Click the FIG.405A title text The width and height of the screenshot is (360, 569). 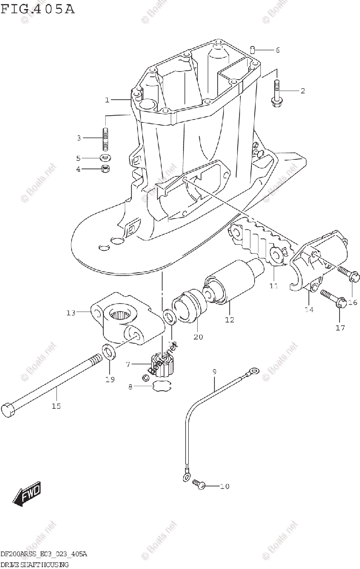(x=38, y=9)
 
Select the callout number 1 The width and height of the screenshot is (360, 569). (x=107, y=100)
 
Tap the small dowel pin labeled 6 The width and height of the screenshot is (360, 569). (x=254, y=49)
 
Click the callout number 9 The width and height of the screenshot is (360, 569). (x=214, y=371)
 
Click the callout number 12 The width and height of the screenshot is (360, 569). (x=230, y=320)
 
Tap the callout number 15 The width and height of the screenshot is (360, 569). (x=56, y=406)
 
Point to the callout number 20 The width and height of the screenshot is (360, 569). (x=198, y=337)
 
